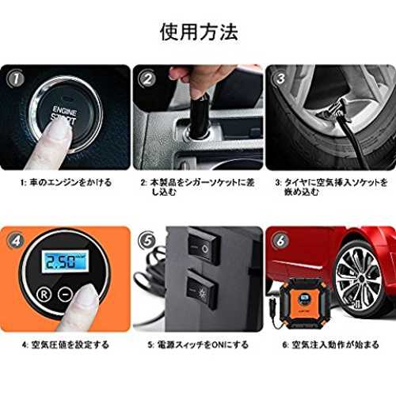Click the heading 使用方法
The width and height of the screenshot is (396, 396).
(199, 32)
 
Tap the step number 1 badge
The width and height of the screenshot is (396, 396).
(16, 79)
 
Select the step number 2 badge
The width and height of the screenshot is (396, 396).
(148, 78)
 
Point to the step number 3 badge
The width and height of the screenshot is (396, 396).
(280, 78)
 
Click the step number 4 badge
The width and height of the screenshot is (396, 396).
(16, 241)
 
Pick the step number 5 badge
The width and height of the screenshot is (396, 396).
(148, 241)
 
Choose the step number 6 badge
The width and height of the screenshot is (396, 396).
(280, 241)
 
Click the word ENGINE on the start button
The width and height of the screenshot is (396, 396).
(65, 111)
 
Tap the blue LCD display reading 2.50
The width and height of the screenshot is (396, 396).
(65, 261)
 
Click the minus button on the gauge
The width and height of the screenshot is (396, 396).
(65, 294)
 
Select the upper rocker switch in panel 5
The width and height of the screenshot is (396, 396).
(203, 246)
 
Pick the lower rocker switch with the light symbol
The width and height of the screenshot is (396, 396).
(202, 289)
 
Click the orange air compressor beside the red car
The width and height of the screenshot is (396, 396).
(305, 304)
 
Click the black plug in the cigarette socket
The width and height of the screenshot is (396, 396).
(200, 116)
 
